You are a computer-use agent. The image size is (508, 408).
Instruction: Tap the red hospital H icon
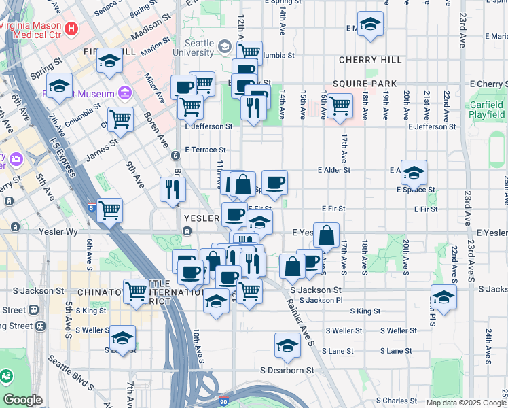coord(71,29)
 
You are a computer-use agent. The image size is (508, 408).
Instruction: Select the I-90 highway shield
coord(225,401)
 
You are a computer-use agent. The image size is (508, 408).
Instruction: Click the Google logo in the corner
coord(22,400)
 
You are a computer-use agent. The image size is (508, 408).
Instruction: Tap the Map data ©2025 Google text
coord(465,403)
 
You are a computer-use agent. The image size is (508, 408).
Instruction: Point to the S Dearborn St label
coord(287,371)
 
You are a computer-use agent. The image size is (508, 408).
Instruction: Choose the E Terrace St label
coord(205,150)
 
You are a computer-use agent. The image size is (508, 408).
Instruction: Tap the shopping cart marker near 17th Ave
coord(339,105)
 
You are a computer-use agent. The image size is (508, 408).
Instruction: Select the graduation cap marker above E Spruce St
coord(414,173)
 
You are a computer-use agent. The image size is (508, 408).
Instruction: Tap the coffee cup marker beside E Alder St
coord(274,182)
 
